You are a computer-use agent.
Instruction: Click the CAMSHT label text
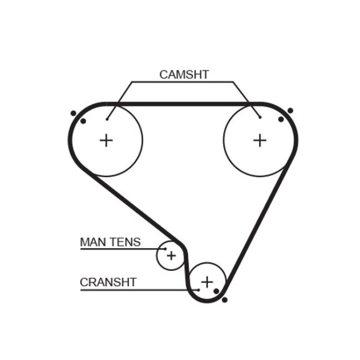(x=184, y=74)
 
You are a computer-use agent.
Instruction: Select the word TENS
(x=126, y=242)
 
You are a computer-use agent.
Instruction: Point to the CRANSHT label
(x=108, y=282)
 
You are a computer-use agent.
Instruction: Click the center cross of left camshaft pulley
(x=106, y=140)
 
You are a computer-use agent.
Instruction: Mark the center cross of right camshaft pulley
(x=259, y=140)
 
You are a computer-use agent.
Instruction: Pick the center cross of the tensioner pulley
(x=171, y=255)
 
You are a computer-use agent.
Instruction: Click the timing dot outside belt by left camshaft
(x=73, y=114)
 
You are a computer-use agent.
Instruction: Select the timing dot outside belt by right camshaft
(x=290, y=111)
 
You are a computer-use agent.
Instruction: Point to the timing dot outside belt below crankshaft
(x=224, y=300)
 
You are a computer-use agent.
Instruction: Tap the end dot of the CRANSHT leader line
(x=198, y=289)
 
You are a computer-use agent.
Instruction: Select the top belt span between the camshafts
(x=183, y=104)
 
